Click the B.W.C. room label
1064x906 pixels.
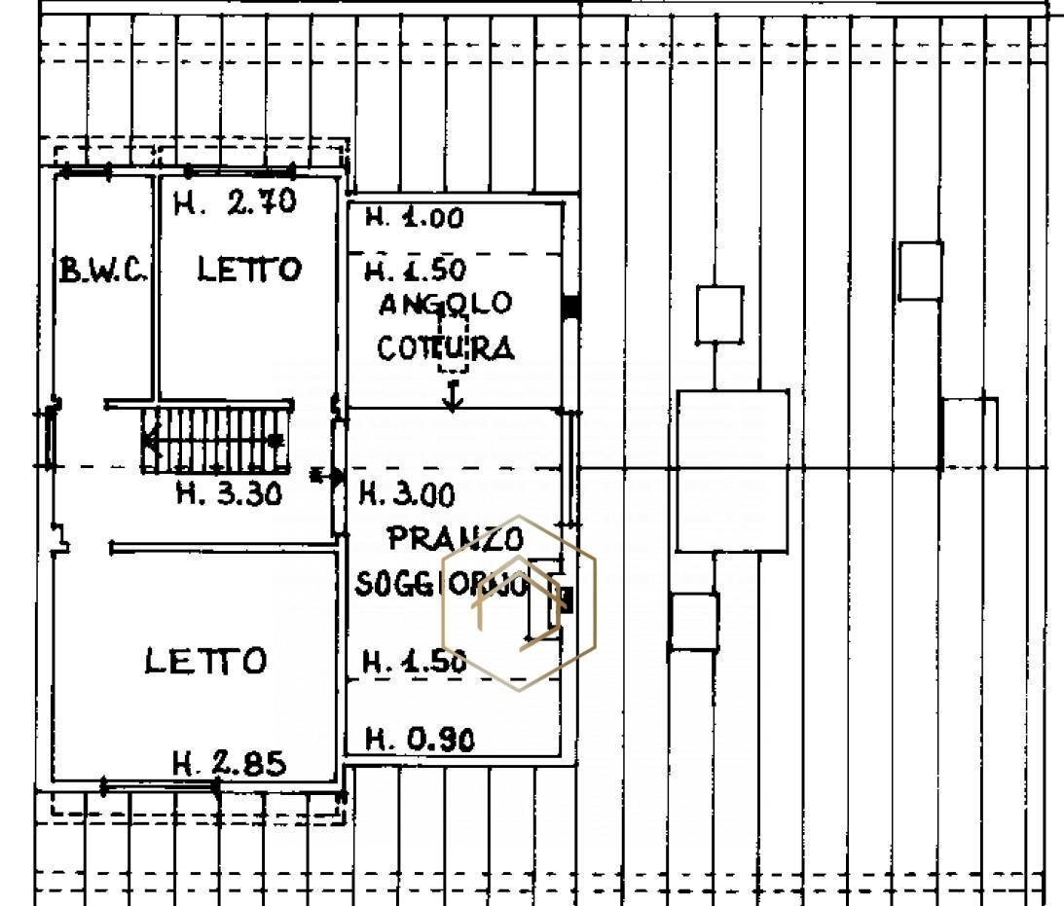tap(103, 270)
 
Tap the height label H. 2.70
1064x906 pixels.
tap(234, 203)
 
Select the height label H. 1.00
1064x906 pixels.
tap(414, 218)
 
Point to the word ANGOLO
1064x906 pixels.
tap(445, 305)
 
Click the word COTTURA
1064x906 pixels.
tap(446, 347)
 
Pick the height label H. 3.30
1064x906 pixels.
tap(229, 493)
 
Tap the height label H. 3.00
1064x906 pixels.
tap(407, 495)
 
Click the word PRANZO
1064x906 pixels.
tap(456, 538)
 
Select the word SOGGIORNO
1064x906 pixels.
tap(443, 584)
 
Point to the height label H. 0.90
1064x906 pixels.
tap(420, 741)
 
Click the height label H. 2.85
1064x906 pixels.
tap(229, 764)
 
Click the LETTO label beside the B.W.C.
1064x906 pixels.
tap(249, 270)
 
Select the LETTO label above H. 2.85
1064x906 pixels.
tap(205, 662)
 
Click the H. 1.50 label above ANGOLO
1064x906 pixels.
tap(416, 269)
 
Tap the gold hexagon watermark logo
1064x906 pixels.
tap(519, 603)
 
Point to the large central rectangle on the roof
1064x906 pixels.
tap(732, 471)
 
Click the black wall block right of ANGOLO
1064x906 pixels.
tap(571, 307)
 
